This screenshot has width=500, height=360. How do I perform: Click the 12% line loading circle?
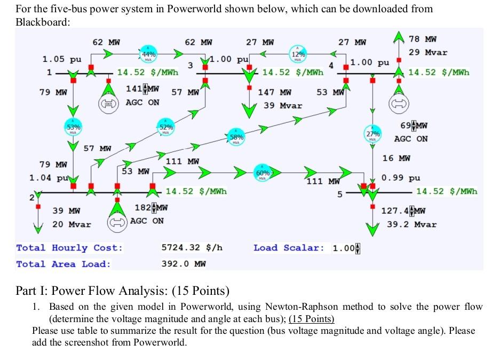pos(299,54)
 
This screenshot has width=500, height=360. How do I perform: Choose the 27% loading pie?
pos(372,134)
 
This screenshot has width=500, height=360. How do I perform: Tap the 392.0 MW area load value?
pos(184,264)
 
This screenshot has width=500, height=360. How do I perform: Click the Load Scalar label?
pos(289,248)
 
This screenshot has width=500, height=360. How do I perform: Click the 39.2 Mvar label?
pos(412,224)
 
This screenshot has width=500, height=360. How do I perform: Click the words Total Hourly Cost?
pos(69,248)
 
